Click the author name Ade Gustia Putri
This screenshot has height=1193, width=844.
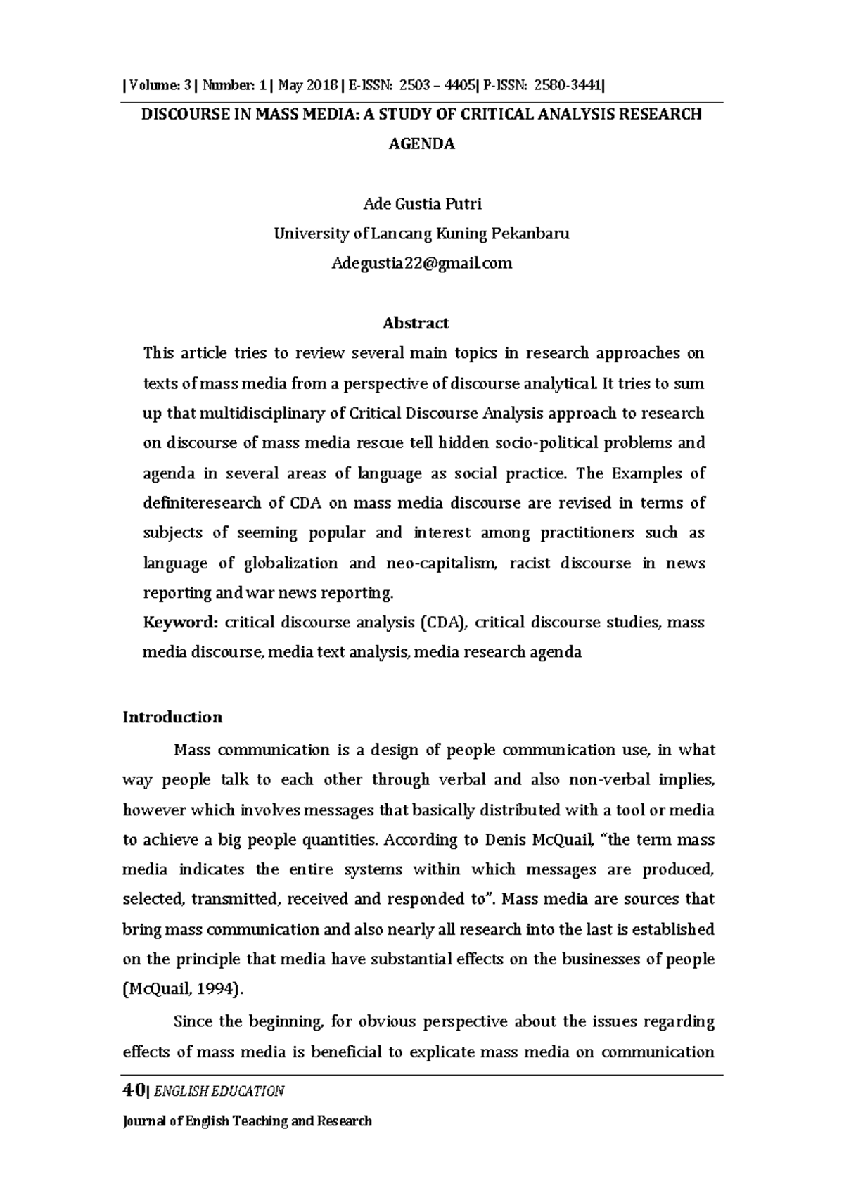(422, 204)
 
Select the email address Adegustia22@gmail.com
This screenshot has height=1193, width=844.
(422, 264)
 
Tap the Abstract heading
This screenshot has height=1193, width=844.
(415, 324)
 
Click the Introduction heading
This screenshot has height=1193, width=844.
(172, 717)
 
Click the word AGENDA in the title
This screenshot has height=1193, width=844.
(422, 144)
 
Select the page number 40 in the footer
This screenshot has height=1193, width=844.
(132, 1091)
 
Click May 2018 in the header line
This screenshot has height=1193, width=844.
(308, 86)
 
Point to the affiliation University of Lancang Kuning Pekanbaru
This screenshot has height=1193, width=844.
(422, 234)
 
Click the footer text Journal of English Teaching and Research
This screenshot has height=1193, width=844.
(247, 1121)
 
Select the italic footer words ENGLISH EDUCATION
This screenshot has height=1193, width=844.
(219, 1092)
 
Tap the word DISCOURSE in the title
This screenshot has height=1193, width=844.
(184, 115)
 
